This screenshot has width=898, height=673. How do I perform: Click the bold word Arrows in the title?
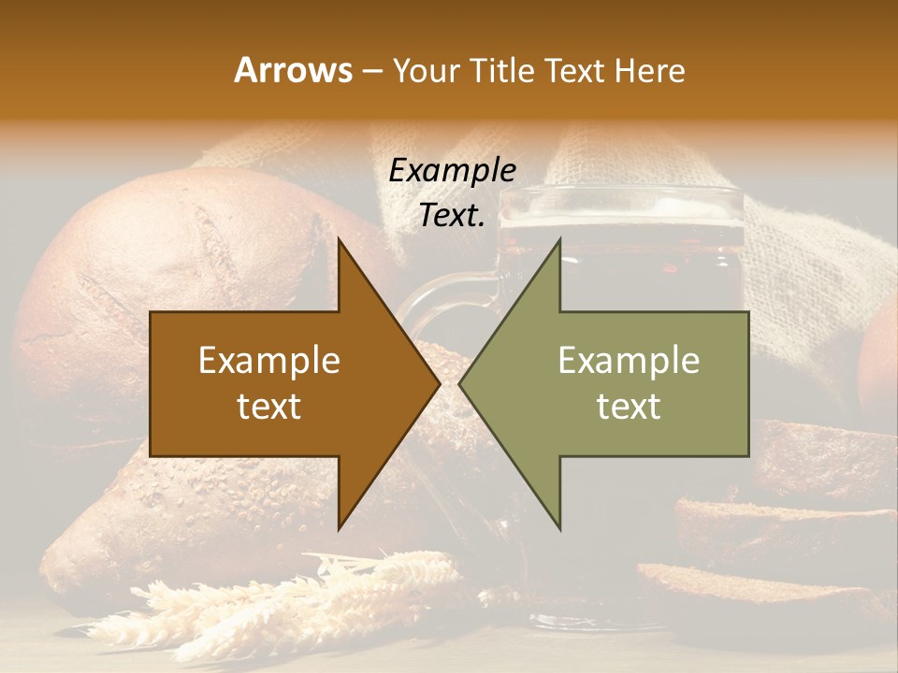pos(294,70)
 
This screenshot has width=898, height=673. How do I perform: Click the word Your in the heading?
pos(427,71)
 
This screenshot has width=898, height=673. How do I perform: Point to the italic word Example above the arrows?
pos(452,170)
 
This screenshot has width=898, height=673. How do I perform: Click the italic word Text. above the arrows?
pos(452,216)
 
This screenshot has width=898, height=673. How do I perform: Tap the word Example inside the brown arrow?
pos(268,361)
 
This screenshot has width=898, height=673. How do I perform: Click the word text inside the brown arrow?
pos(268,406)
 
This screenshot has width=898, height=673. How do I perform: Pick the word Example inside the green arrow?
pos(629,361)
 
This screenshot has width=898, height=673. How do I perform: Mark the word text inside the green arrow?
pos(629,406)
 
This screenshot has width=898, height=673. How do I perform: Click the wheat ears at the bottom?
pos(281,598)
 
